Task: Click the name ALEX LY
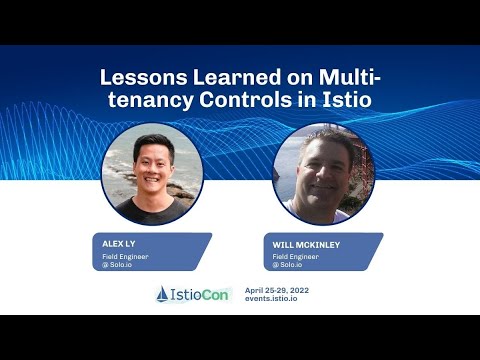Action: [x=120, y=243]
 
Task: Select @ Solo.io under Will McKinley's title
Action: [x=289, y=264]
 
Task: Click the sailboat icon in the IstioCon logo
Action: [x=163, y=294]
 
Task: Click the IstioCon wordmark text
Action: [x=200, y=294]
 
